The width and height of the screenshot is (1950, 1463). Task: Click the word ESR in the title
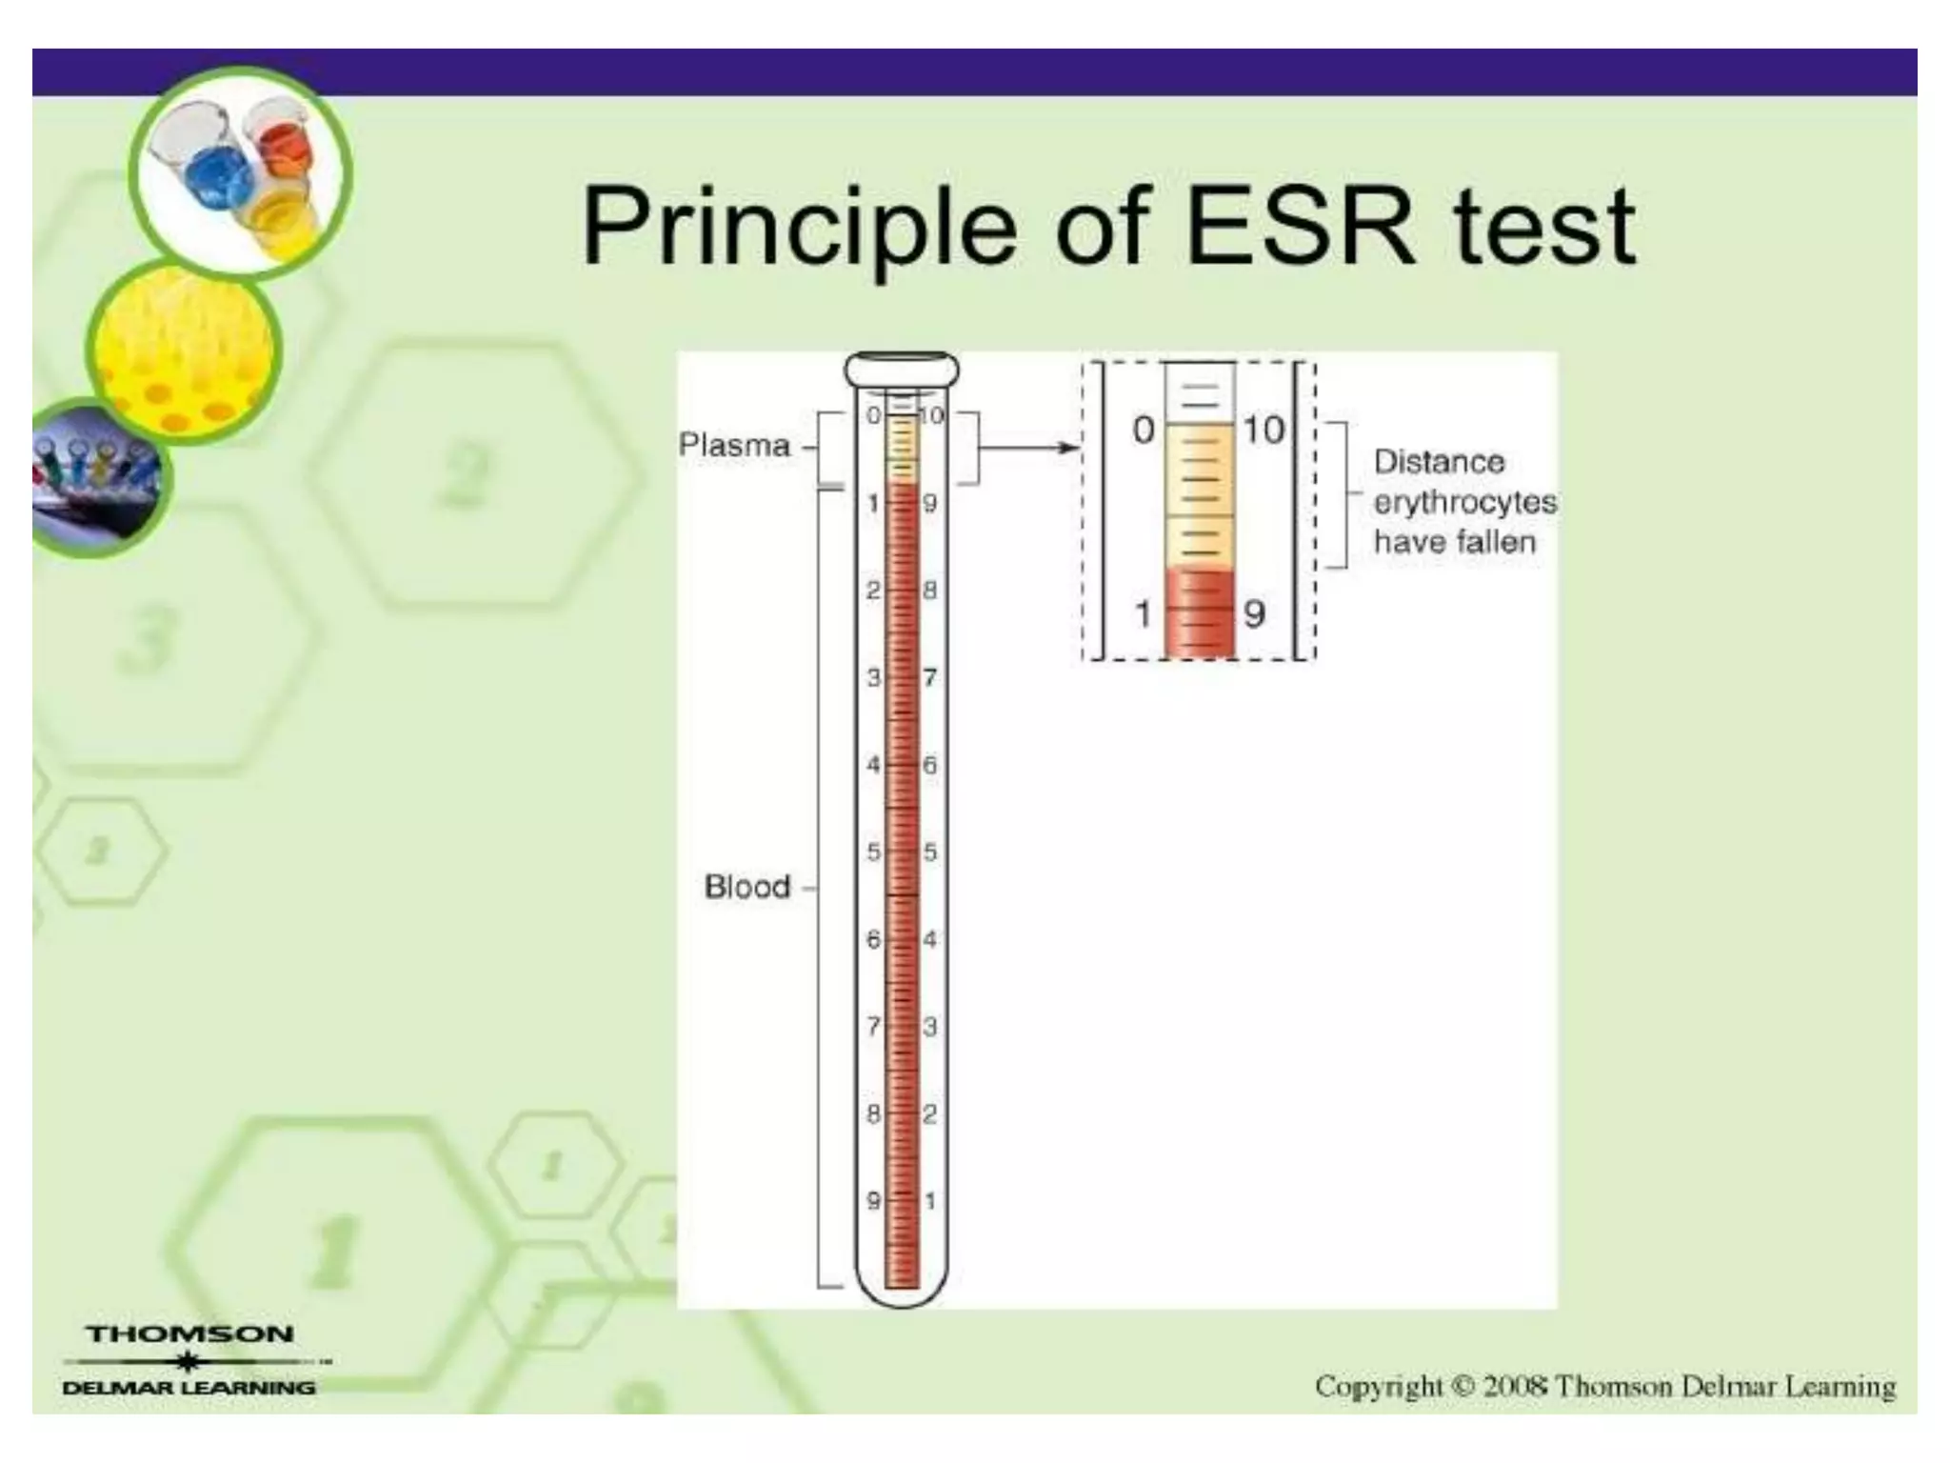[1299, 227]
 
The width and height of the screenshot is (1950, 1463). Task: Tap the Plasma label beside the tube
[733, 445]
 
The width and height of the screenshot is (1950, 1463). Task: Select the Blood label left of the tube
[746, 887]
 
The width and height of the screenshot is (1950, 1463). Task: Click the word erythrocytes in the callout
[1464, 503]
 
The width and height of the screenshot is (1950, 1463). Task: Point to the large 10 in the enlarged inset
[1264, 431]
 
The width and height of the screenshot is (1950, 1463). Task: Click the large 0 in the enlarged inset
[1143, 431]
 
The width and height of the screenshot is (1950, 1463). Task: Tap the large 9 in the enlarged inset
[1255, 614]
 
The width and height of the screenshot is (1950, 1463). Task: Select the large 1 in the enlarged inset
[1143, 614]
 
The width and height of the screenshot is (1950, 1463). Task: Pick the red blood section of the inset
[1199, 614]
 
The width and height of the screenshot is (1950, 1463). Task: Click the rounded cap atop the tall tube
[901, 370]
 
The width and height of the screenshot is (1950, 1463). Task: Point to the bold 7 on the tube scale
[930, 677]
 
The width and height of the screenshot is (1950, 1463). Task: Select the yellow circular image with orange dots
[184, 352]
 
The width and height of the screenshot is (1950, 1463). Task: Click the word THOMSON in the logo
[189, 1334]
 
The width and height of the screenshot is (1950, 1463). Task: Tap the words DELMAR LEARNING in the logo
[189, 1388]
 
